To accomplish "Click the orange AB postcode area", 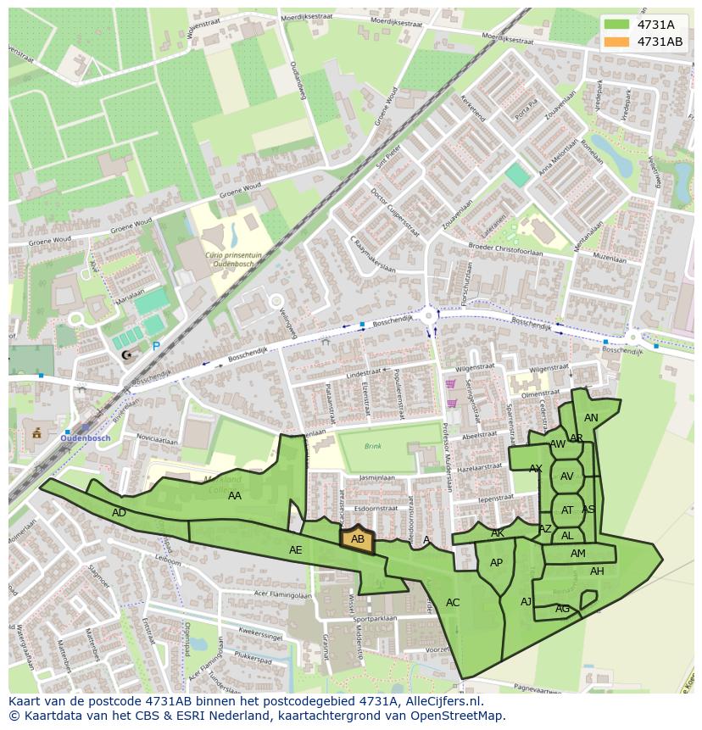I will point(357,539).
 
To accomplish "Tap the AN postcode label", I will point(591,417).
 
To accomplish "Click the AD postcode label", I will point(120,513).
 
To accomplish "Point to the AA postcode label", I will point(235,496).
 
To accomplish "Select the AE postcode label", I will point(295,550).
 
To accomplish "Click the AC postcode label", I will point(453,603).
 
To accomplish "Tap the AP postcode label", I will point(496,563).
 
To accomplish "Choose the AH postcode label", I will point(597,571).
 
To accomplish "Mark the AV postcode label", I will point(566,476).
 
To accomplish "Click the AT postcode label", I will point(567,510).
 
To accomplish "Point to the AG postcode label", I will point(562,609).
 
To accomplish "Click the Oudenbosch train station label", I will point(86,437).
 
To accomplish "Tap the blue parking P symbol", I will point(155,346).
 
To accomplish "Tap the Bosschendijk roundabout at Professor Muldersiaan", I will point(430,316).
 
